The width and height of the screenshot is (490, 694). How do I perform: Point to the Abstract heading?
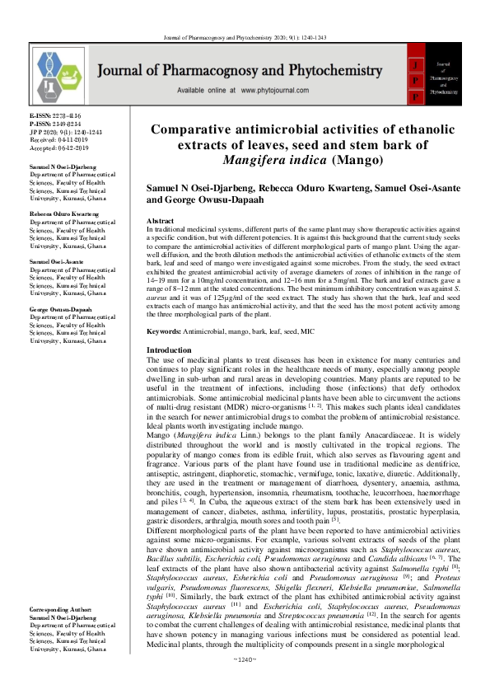click(x=159, y=223)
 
